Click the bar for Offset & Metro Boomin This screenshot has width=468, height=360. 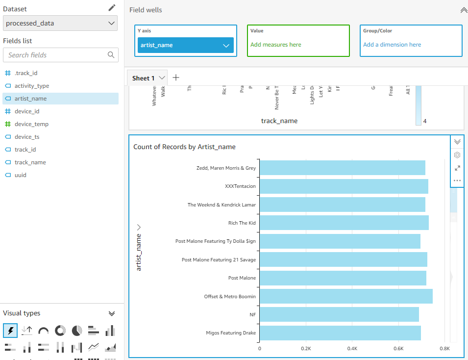click(x=345, y=296)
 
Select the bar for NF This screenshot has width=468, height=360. click(x=339, y=314)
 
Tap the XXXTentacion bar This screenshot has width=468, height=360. click(x=343, y=186)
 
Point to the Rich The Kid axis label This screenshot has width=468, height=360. click(x=242, y=223)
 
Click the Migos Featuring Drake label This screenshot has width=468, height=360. click(x=231, y=333)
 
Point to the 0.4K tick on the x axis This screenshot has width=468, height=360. click(x=352, y=349)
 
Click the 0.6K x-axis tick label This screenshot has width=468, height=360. click(x=398, y=349)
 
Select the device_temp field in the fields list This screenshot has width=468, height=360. click(x=31, y=124)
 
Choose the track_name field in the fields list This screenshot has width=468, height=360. click(x=30, y=162)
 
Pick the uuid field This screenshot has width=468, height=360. click(x=21, y=175)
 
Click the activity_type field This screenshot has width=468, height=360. click(x=32, y=86)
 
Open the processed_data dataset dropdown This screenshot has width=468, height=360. click(x=60, y=23)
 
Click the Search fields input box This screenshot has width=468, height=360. click(x=56, y=55)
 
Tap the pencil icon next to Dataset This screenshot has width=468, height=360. click(x=112, y=8)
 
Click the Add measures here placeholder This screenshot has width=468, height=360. click(x=276, y=45)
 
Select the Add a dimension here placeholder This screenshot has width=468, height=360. click(x=392, y=45)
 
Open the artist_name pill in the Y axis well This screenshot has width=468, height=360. click(x=185, y=45)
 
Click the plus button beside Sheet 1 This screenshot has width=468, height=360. click(x=176, y=77)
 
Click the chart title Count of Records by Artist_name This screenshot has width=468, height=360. click(x=184, y=147)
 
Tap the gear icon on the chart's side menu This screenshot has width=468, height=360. click(x=457, y=155)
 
